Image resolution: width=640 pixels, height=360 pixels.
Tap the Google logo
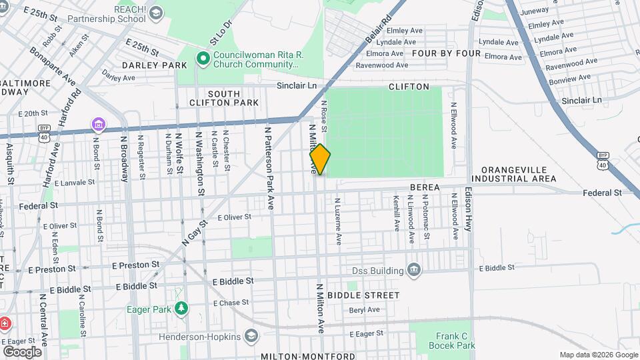22,352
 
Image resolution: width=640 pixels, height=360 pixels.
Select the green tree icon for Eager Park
181,308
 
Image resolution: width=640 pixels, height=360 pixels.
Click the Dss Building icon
414,270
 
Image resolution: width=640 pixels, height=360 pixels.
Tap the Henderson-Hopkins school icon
251,336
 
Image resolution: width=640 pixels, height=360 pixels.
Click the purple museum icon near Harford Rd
99,124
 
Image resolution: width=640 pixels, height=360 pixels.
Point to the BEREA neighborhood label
425,188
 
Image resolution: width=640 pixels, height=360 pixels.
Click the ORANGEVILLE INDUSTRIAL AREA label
513,175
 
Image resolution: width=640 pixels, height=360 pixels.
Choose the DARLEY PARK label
155,66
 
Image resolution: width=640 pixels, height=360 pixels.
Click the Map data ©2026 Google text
597,355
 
